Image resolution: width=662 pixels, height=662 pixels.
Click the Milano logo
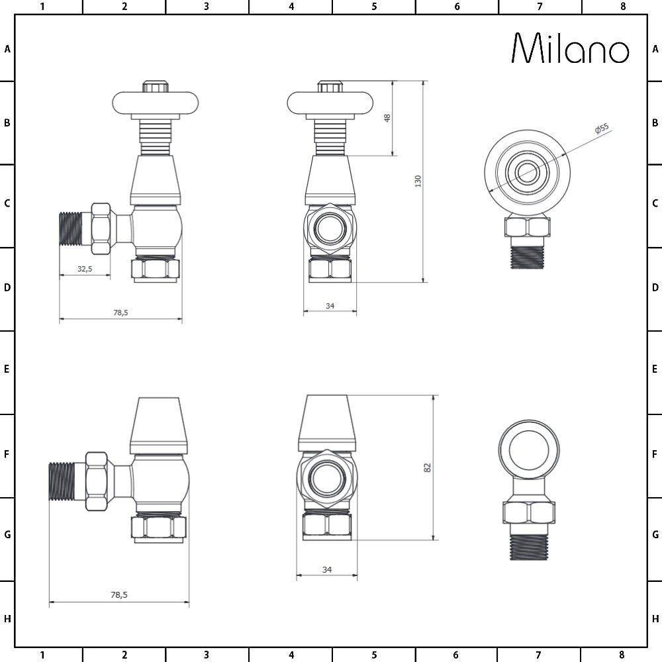coord(571,49)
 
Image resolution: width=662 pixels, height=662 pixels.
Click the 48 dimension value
coord(388,118)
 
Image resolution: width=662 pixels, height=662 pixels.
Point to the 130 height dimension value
coord(418,181)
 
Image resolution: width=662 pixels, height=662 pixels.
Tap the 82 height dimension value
coord(428,467)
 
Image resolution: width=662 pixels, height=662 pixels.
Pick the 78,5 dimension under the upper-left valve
coord(120,312)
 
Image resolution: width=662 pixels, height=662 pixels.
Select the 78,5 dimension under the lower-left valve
coord(118,595)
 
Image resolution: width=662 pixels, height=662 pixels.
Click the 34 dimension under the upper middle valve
coord(330,305)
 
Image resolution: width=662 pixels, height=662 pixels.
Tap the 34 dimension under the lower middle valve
coord(326,569)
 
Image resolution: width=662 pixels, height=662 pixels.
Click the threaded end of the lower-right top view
coord(529,545)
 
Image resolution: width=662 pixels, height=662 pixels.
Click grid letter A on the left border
coord(7,48)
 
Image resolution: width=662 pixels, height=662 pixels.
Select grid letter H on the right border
coord(655,619)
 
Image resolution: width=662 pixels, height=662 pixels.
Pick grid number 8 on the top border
coord(622,7)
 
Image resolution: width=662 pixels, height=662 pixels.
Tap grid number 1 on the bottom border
coord(42,655)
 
